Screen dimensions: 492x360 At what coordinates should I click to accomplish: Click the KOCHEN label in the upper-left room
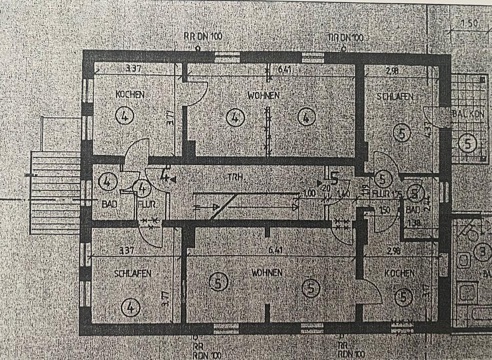coord(130,95)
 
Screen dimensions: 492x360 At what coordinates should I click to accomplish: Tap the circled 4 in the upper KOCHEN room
coord(125,116)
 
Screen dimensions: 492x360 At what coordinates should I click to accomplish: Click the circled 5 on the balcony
coord(467,143)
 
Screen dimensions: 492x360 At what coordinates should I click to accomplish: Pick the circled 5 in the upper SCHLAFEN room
coord(401,133)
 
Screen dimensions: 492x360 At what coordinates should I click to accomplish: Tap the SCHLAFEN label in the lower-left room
coord(133,274)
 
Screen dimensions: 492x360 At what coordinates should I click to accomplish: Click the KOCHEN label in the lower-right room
coord(399,274)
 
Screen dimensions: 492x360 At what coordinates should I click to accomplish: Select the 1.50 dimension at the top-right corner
coord(468,24)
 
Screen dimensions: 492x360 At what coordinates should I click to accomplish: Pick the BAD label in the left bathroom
coord(109,204)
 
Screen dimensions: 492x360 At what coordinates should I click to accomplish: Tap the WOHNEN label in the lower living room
coord(266,272)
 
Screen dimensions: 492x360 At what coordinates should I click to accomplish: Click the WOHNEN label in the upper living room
coord(263,95)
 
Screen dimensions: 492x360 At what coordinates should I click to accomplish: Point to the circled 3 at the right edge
coord(482,252)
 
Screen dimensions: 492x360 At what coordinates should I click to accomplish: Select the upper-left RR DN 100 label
coord(202,37)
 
